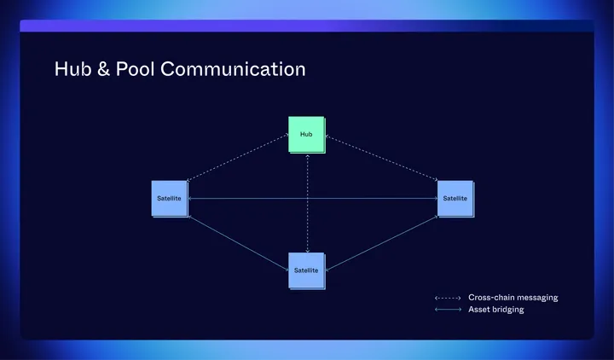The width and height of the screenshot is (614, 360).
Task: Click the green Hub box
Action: [x=306, y=134]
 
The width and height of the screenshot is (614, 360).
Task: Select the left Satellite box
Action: [x=169, y=198]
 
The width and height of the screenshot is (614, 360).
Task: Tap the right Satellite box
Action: [x=455, y=198]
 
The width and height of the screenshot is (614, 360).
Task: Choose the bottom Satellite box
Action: [x=306, y=270]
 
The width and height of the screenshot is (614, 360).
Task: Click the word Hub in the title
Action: [x=72, y=69]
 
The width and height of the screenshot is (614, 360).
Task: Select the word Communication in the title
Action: [x=233, y=69]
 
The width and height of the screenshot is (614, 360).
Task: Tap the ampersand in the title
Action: [x=103, y=69]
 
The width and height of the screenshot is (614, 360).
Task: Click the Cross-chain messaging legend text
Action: [x=513, y=298]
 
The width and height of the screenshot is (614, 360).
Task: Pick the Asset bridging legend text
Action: [x=495, y=310]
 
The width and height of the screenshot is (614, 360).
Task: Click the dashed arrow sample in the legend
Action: [x=447, y=298]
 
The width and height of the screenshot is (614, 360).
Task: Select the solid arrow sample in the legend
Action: [x=447, y=310]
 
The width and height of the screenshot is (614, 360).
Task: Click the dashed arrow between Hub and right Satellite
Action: [x=381, y=159]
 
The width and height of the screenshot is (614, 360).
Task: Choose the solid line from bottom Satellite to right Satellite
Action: [x=381, y=242]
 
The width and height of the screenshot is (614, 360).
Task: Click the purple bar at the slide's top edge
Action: [x=306, y=26]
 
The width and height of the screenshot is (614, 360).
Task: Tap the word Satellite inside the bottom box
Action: [x=306, y=270]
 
